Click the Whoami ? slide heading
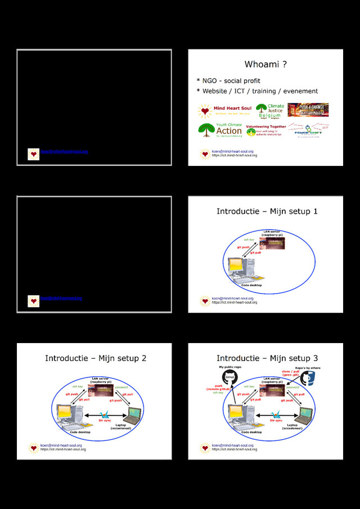(265, 65)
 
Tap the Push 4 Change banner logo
(308, 110)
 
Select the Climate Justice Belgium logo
(270, 111)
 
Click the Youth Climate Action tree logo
(220, 130)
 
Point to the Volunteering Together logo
(265, 130)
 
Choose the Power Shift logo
(310, 130)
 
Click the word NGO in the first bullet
(210, 81)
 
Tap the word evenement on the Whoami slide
(300, 91)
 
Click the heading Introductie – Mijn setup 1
(267, 211)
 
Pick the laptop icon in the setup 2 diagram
(133, 415)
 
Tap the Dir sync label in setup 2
(103, 420)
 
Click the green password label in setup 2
(121, 387)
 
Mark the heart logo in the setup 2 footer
(34, 448)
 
